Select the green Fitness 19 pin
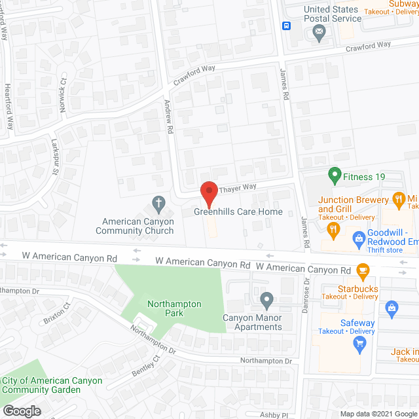(334, 175)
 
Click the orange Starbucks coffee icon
(363, 269)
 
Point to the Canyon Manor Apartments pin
(266, 301)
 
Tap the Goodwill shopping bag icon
(358, 238)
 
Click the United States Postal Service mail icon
(319, 32)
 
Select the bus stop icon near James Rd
(286, 26)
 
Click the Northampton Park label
(174, 308)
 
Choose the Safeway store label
(357, 323)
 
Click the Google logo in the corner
(21, 411)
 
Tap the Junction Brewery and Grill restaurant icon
(333, 228)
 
